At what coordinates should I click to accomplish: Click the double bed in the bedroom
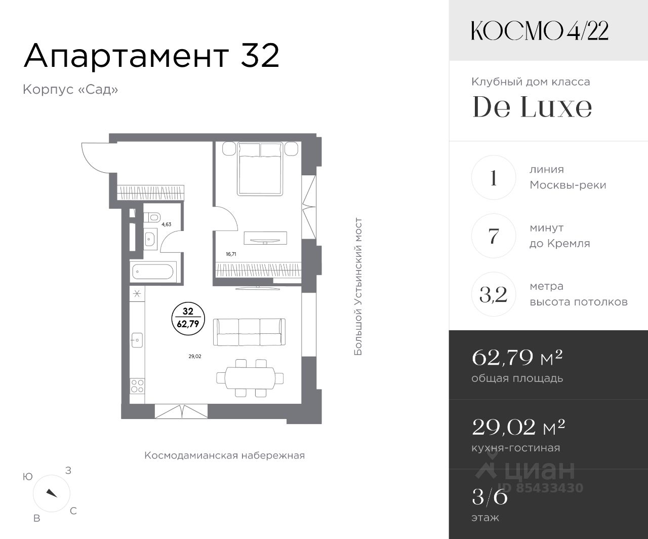(x=260, y=169)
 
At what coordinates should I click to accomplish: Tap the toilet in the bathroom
(x=152, y=217)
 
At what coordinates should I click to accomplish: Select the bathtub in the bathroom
(x=153, y=272)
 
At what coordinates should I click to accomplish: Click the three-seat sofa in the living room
(x=249, y=332)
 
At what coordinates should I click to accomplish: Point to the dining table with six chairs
(x=250, y=378)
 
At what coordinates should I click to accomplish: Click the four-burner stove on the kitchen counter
(x=137, y=386)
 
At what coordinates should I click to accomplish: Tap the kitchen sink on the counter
(x=137, y=340)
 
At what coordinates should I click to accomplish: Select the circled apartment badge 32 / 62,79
(x=188, y=319)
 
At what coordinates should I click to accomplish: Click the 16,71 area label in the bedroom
(x=231, y=254)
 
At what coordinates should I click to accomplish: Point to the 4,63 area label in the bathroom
(x=167, y=224)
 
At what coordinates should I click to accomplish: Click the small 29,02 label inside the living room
(x=195, y=356)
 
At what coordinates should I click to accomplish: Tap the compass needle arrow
(x=52, y=493)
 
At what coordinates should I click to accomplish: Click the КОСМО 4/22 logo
(x=540, y=31)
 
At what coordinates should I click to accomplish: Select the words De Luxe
(x=532, y=106)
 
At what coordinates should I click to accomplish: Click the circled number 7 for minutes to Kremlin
(x=494, y=236)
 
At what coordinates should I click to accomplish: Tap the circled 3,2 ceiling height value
(x=494, y=294)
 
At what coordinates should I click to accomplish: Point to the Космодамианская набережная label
(x=225, y=455)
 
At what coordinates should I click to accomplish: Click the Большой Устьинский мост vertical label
(x=358, y=286)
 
